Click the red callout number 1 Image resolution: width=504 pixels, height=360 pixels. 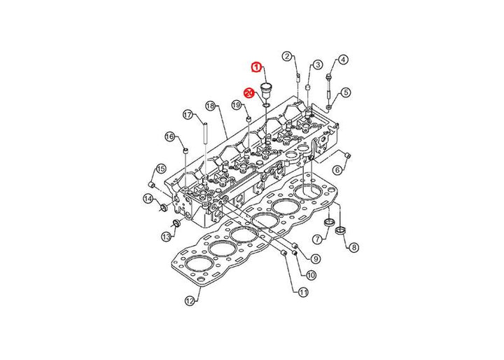[x=256, y=67]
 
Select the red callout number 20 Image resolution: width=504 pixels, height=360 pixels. [x=249, y=93]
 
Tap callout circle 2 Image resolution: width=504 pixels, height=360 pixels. [x=287, y=56]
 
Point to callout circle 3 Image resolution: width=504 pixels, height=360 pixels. [x=318, y=64]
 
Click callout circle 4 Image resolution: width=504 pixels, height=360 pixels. [x=343, y=60]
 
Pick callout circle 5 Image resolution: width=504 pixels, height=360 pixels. [x=346, y=92]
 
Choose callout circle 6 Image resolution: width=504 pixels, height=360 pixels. [x=337, y=169]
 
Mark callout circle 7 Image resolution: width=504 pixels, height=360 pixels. [x=317, y=239]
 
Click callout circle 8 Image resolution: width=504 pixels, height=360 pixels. [x=353, y=247]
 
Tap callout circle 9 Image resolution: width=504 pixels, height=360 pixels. [x=316, y=258]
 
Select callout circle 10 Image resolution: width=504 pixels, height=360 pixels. [x=311, y=275]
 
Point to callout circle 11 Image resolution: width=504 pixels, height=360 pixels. [x=303, y=292]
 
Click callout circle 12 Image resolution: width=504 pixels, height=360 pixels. [x=190, y=301]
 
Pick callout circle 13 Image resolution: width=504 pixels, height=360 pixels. [x=166, y=237]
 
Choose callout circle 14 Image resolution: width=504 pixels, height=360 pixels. [x=148, y=199]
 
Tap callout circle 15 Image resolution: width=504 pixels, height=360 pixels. [x=161, y=168]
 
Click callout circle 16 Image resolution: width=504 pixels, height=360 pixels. [x=169, y=137]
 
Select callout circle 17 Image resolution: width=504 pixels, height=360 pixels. [x=188, y=115]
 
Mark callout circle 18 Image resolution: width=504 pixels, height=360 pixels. [x=210, y=106]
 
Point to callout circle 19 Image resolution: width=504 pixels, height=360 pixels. [x=237, y=104]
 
